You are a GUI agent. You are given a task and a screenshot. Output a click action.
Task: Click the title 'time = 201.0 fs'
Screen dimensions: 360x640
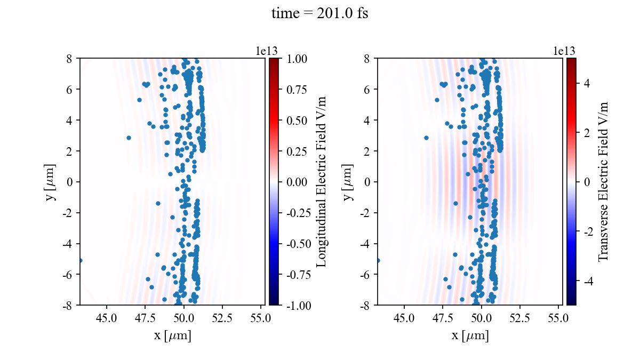(319, 14)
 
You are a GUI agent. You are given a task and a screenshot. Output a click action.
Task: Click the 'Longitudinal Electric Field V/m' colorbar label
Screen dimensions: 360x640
(322, 181)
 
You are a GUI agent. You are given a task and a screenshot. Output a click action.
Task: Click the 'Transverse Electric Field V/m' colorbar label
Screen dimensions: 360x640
(603, 181)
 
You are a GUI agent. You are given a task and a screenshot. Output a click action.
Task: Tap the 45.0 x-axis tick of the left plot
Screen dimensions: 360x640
(107, 317)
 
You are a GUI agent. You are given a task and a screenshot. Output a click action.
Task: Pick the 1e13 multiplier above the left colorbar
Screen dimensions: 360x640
(267, 51)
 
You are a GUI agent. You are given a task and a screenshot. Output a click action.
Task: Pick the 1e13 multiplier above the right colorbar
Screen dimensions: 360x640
(564, 51)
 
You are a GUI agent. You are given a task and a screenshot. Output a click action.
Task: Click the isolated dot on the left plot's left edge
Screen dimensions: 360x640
(81, 260)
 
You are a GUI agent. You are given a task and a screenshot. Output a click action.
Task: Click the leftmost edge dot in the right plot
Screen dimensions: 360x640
(378, 260)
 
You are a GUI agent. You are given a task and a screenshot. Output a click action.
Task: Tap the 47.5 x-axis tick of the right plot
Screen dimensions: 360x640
(443, 317)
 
